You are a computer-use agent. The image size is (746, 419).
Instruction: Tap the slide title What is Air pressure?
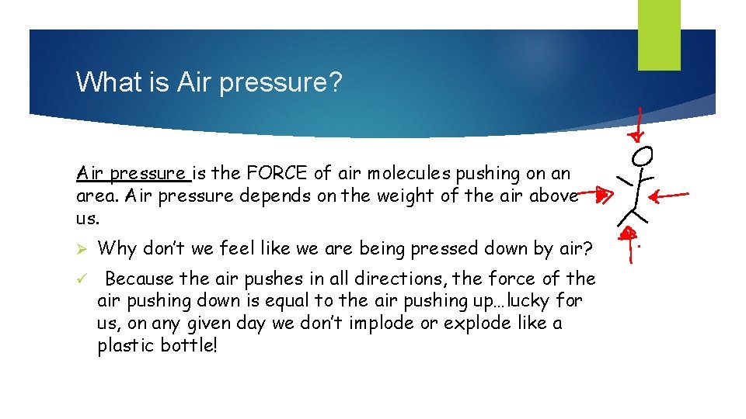point(208,81)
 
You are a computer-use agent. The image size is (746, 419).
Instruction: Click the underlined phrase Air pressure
point(131,174)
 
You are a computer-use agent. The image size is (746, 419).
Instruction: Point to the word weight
point(406,196)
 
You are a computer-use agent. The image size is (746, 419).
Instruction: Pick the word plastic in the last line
point(124,345)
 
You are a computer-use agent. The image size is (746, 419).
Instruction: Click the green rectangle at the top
point(659,35)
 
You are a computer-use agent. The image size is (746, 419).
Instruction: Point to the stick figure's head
point(642,156)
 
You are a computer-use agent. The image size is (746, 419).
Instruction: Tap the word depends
point(274,196)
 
